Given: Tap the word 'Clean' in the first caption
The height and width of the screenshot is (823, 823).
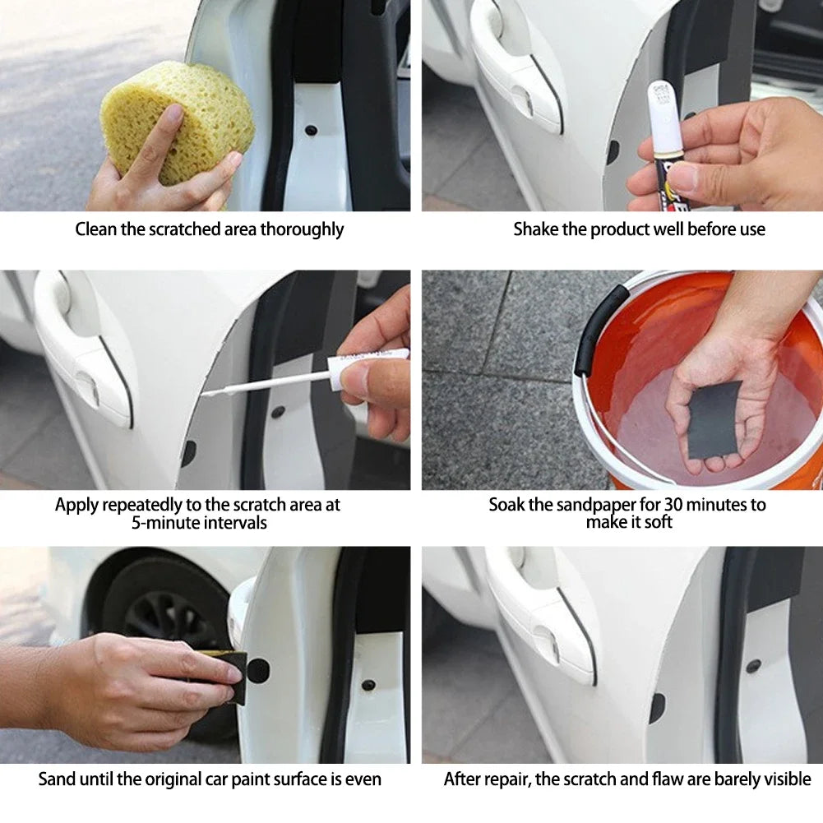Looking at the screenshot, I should [x=96, y=229].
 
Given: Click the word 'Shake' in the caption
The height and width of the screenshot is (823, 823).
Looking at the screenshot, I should [x=535, y=229].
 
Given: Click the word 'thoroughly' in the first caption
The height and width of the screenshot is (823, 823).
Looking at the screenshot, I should [x=302, y=229].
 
